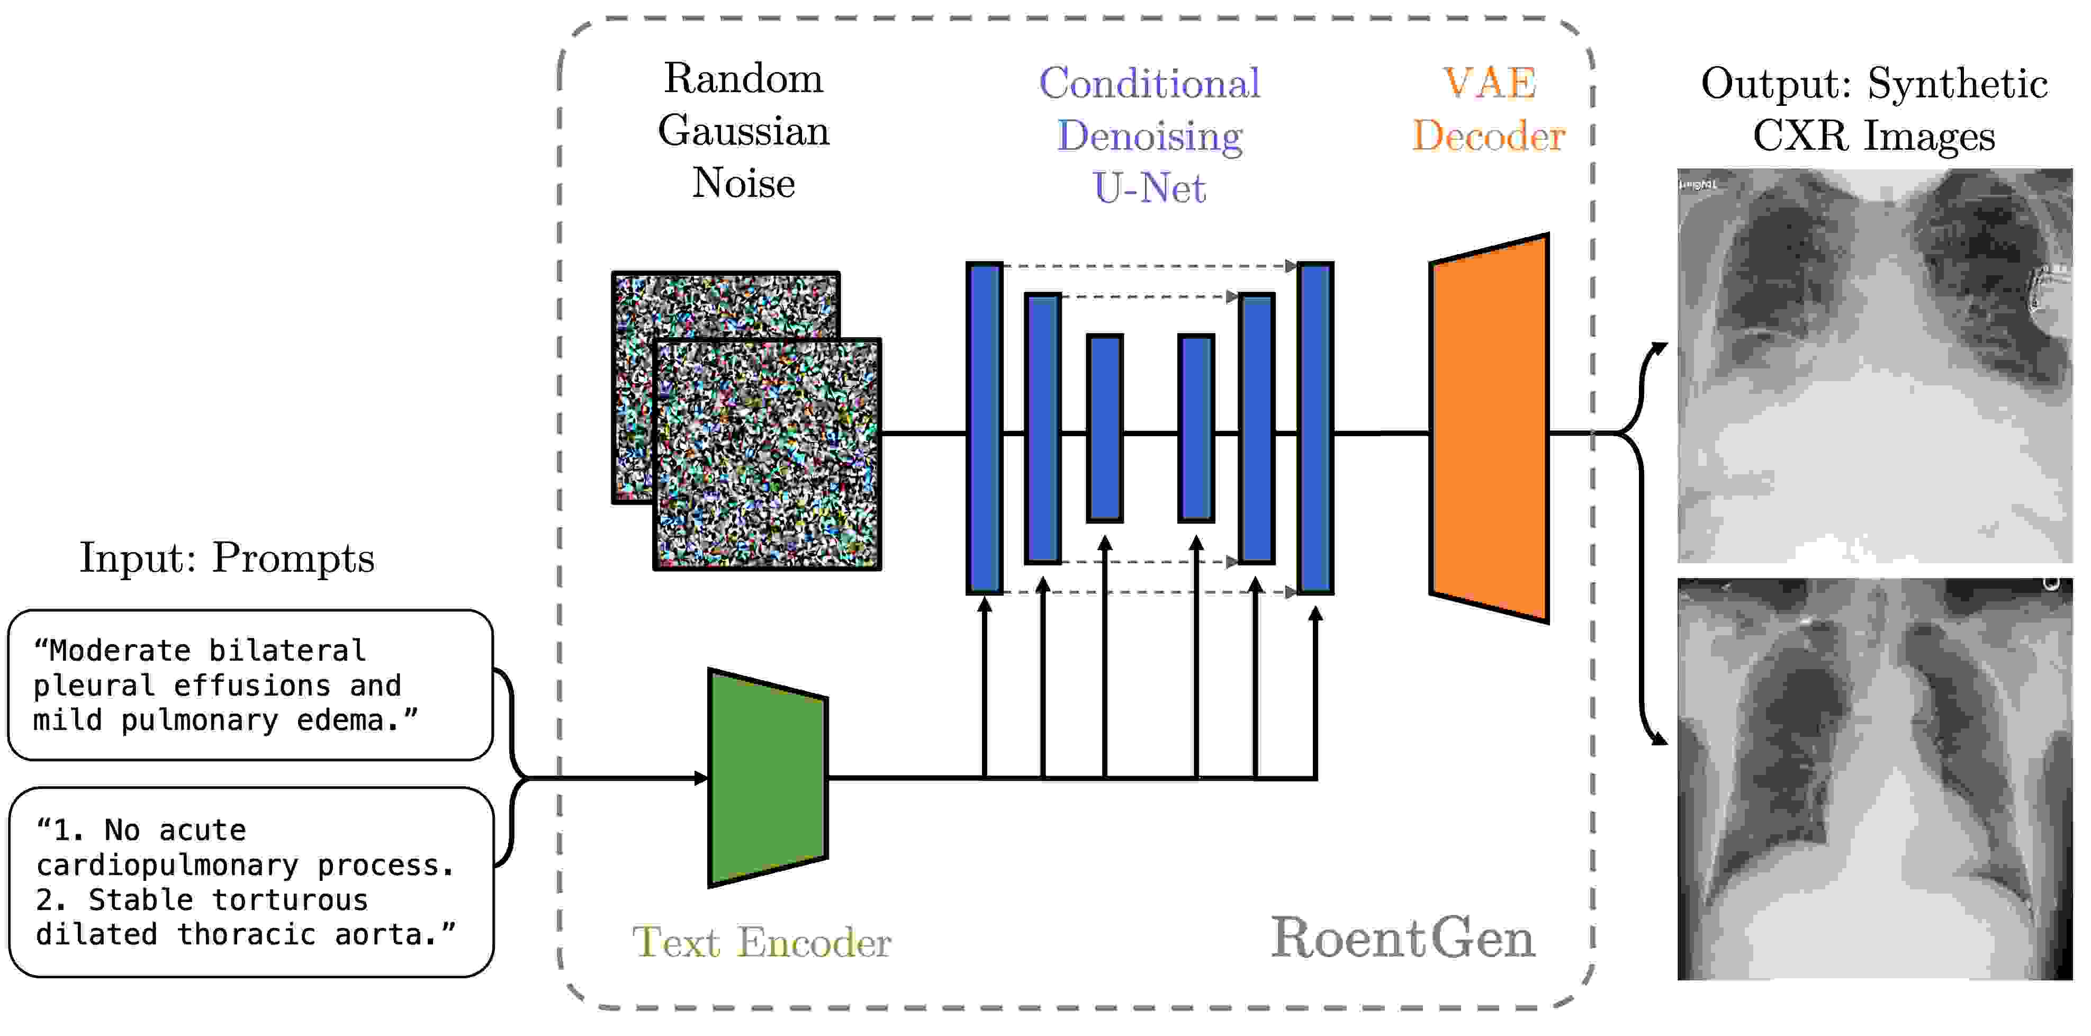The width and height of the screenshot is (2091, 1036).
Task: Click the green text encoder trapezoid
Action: [x=767, y=778]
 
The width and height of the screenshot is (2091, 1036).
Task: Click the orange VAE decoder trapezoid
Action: [x=1490, y=429]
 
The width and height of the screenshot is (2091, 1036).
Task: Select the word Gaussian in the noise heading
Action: [x=744, y=131]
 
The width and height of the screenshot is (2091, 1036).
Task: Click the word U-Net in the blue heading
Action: [x=1149, y=188]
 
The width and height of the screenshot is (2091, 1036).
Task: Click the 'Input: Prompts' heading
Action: [x=227, y=558]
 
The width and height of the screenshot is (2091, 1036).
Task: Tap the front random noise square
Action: [x=767, y=455]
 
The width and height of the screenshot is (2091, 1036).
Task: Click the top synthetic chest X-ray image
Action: [x=1874, y=365]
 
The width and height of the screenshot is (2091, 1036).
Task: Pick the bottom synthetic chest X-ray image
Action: [x=1874, y=779]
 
